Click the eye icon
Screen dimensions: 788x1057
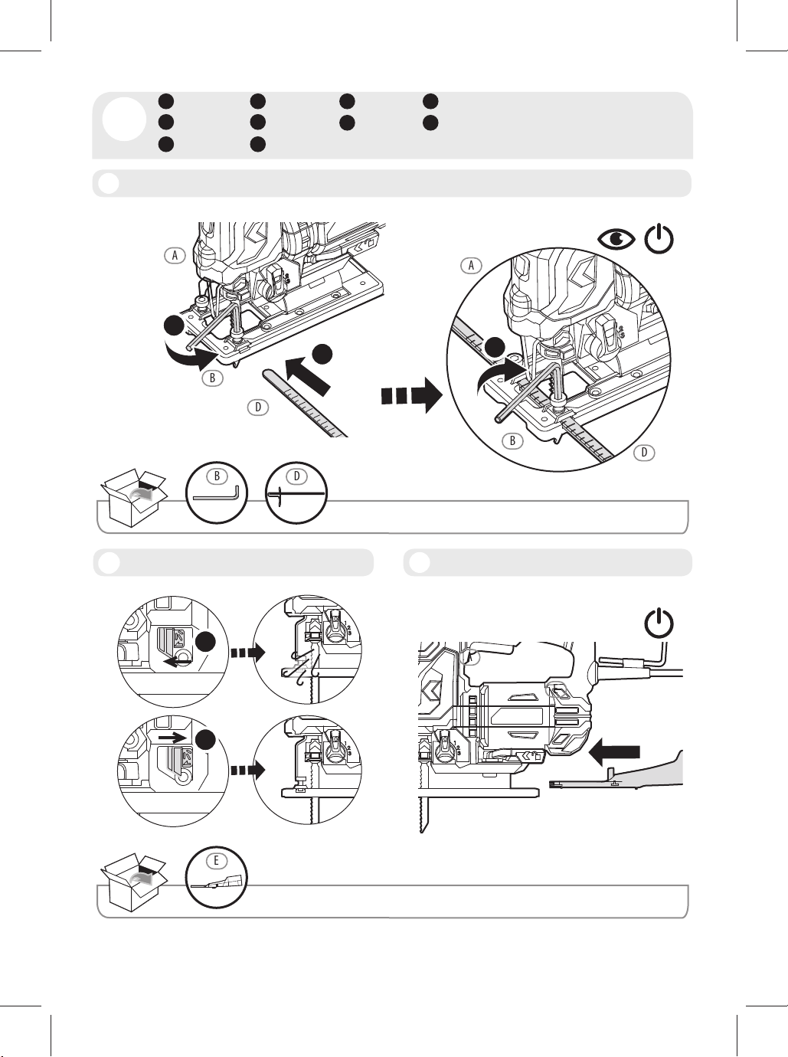point(616,239)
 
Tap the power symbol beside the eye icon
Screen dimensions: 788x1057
point(659,239)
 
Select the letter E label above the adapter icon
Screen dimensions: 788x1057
point(216,860)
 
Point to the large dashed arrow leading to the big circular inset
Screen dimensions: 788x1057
point(411,395)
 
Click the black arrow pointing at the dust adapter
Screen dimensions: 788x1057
point(614,753)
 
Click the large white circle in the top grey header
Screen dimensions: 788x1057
point(124,119)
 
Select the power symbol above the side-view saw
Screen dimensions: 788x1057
point(659,623)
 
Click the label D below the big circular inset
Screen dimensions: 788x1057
point(645,452)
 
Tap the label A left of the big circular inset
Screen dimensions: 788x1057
point(471,265)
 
